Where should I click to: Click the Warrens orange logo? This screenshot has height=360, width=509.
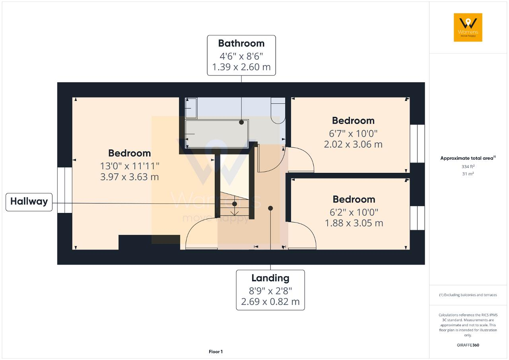point(468,27)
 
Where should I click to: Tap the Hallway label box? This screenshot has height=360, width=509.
point(29,202)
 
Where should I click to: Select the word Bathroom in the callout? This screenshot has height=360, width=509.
point(241,43)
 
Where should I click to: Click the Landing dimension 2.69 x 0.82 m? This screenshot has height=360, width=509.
point(270,302)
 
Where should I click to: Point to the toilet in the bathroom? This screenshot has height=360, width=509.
point(278,111)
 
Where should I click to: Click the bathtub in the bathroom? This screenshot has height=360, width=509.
point(217,134)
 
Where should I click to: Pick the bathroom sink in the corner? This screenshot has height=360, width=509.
point(191,108)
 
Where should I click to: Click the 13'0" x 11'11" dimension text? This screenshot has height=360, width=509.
point(130,166)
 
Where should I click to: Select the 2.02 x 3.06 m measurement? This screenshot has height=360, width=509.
point(353,144)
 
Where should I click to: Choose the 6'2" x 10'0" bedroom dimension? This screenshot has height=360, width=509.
point(354,213)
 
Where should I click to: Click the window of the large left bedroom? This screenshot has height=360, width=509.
point(65,190)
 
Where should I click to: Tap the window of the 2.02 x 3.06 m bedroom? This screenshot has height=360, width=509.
point(418,143)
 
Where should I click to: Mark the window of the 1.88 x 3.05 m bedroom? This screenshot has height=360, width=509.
point(418,218)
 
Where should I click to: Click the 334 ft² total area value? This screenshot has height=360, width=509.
point(468,166)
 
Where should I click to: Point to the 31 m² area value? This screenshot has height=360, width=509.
point(468,174)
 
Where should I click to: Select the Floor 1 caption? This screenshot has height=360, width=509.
point(216,352)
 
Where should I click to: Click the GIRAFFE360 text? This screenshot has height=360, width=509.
point(468,345)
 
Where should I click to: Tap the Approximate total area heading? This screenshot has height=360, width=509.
point(468,158)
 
